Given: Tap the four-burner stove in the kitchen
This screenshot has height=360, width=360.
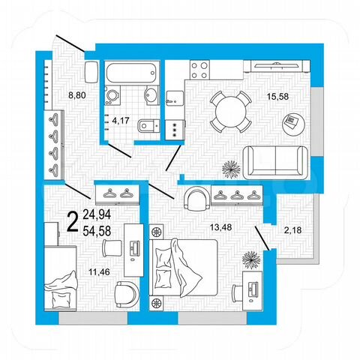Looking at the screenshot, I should (199, 70).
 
